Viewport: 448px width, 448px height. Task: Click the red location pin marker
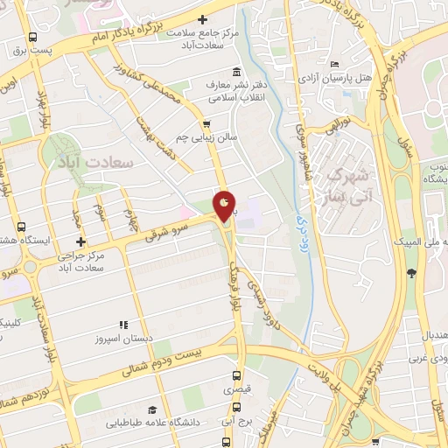click(224, 206)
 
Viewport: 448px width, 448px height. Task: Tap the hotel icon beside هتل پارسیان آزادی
click(337, 64)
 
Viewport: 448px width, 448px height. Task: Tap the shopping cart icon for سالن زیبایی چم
click(207, 124)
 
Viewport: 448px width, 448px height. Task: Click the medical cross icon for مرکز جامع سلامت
click(203, 18)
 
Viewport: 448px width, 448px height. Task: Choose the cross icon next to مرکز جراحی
click(80, 241)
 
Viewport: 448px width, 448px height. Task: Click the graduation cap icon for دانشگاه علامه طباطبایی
click(151, 409)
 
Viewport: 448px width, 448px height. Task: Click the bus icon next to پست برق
click(32, 38)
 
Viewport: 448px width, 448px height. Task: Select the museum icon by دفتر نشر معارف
click(234, 72)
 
